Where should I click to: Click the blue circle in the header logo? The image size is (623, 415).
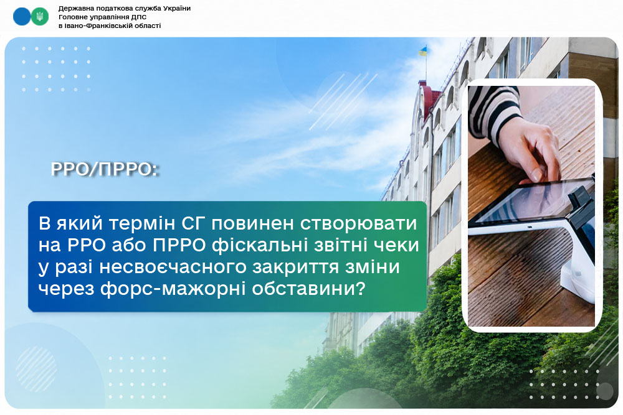pyautogui.click(x=22, y=17)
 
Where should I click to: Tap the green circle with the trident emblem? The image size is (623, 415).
pyautogui.click(x=40, y=17)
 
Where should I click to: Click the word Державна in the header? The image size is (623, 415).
pyautogui.click(x=74, y=8)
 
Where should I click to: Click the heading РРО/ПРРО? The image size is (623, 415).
pyautogui.click(x=105, y=169)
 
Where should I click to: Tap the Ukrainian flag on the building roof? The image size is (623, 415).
pyautogui.click(x=423, y=51)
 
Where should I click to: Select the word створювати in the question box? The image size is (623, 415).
pyautogui.click(x=358, y=224)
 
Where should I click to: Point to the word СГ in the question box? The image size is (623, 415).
pyautogui.click(x=194, y=224)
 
